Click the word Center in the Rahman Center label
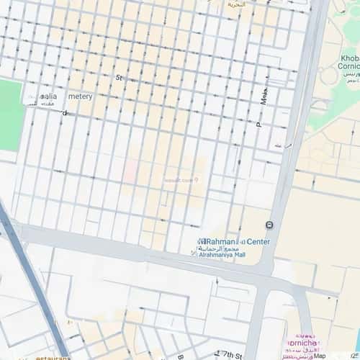tap(258, 241)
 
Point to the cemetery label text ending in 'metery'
tap(80, 96)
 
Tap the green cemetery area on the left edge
tap(9, 115)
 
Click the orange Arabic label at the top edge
tap(236, 4)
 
